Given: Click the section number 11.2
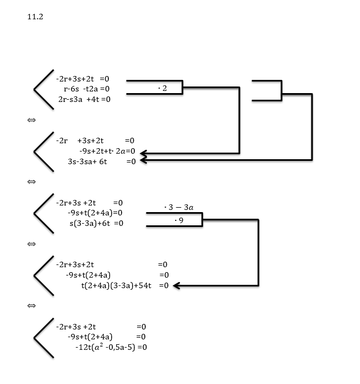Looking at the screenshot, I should tap(35, 17).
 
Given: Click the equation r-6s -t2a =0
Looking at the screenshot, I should tap(86, 89).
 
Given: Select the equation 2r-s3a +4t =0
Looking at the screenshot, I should tap(84, 99).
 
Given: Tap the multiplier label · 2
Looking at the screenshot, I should tap(161, 88).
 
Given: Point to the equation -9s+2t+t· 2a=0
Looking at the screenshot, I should tap(107, 151).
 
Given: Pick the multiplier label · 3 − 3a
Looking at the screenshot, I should tap(178, 208).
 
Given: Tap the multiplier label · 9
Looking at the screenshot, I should tap(178, 220).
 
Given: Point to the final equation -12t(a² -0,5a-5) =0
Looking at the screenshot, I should tap(111, 347).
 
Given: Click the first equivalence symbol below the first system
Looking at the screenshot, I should tap(31, 120).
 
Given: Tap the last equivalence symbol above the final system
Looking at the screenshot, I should tap(31, 305).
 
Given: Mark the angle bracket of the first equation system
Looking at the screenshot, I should tap(43, 89).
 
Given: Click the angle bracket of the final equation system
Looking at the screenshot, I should tap(43, 337).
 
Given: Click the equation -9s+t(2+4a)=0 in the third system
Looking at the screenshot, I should tap(94, 213).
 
